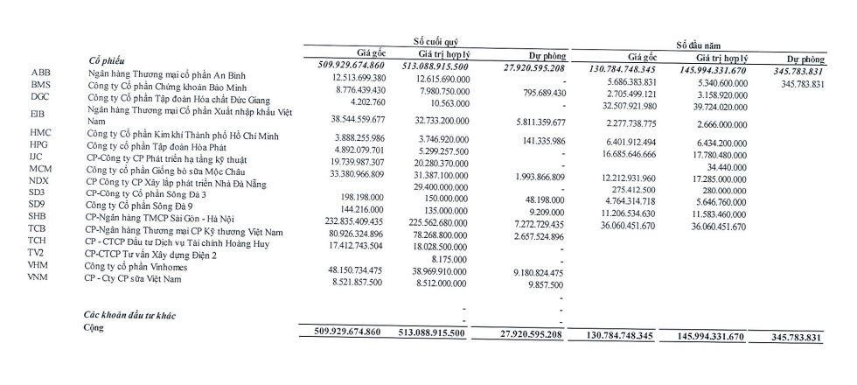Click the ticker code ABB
40,72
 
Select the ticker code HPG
38,144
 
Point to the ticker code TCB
38,228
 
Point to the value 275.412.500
626,189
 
